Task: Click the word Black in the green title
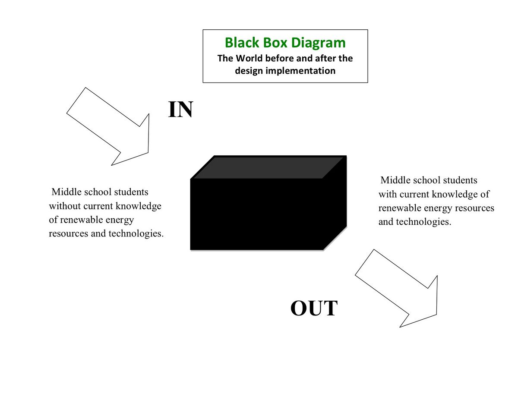tap(242, 42)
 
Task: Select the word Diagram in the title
tap(318, 43)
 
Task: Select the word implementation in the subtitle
tap(300, 71)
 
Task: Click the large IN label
tap(180, 109)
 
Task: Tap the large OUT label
tap(314, 308)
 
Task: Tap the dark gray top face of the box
tap(268, 167)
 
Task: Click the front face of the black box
tap(257, 214)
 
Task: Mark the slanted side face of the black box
tap(335, 202)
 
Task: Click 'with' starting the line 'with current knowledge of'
tap(387, 194)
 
